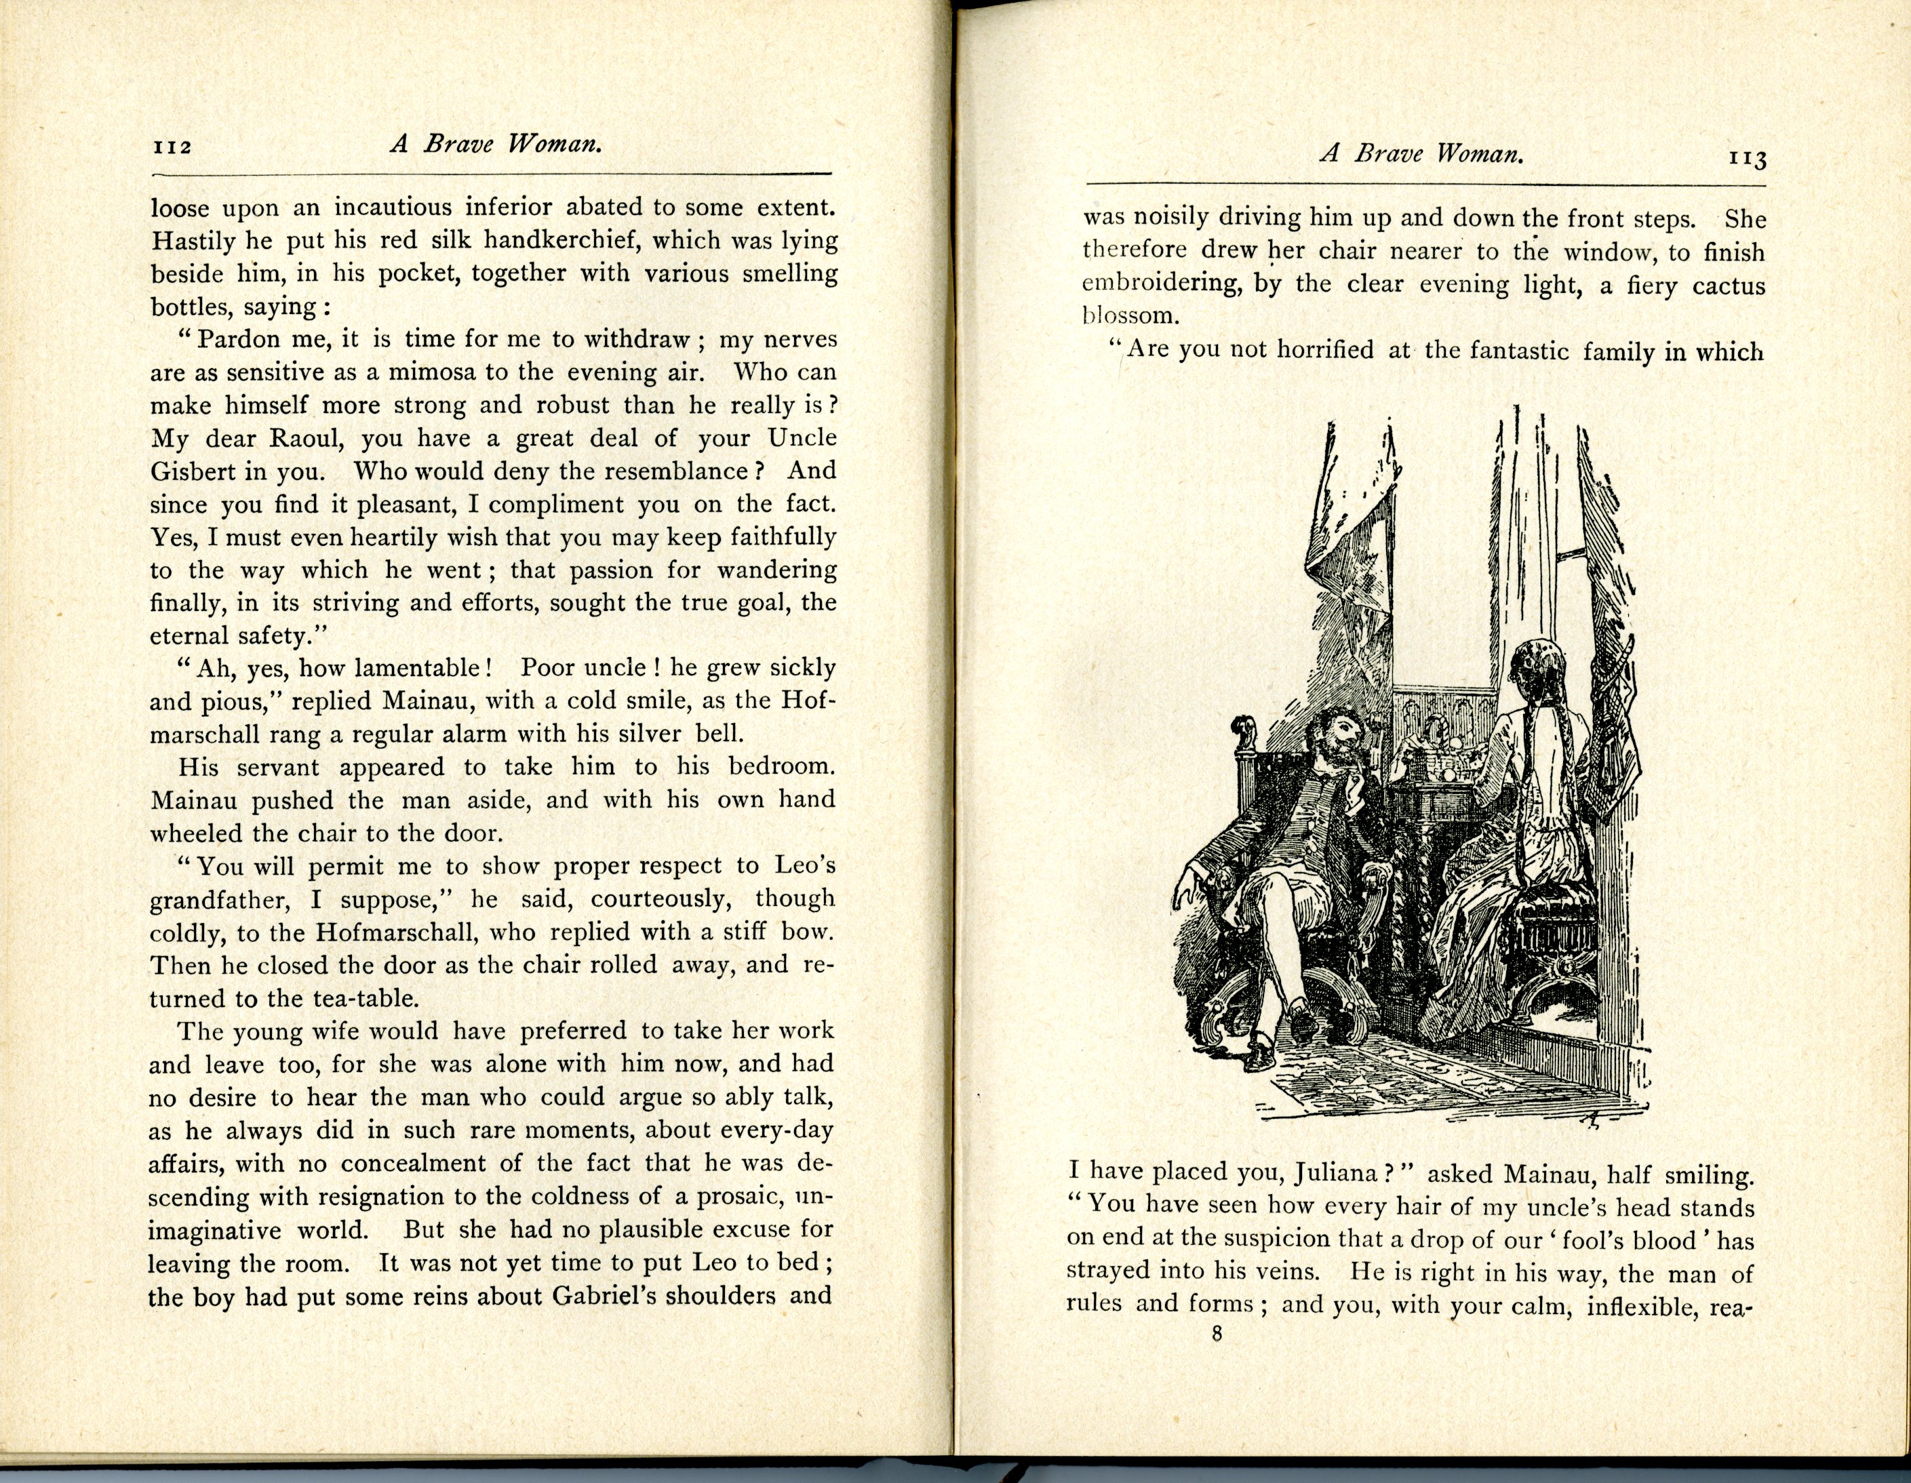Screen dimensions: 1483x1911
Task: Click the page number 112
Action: pyautogui.click(x=172, y=147)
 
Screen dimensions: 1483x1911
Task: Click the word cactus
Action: pyautogui.click(x=1728, y=286)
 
